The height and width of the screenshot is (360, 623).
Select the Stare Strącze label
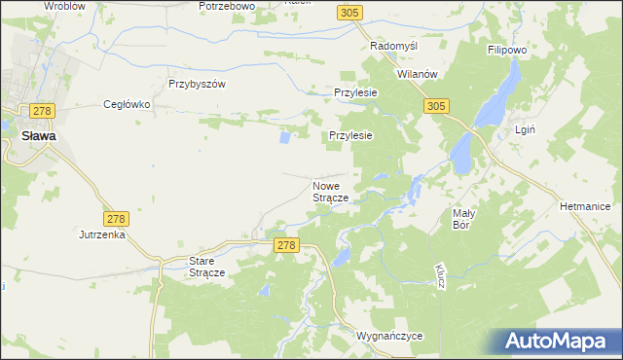click(x=206, y=267)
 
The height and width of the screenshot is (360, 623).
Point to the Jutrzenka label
click(x=102, y=234)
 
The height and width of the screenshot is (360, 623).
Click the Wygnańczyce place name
click(x=390, y=335)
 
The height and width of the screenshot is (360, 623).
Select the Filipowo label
click(x=507, y=48)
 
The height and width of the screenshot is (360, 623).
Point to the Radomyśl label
click(x=394, y=46)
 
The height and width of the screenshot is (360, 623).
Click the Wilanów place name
click(x=421, y=74)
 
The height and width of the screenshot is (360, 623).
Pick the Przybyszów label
click(x=197, y=84)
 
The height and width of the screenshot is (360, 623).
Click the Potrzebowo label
click(x=226, y=6)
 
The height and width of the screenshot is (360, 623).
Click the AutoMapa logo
click(x=561, y=342)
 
